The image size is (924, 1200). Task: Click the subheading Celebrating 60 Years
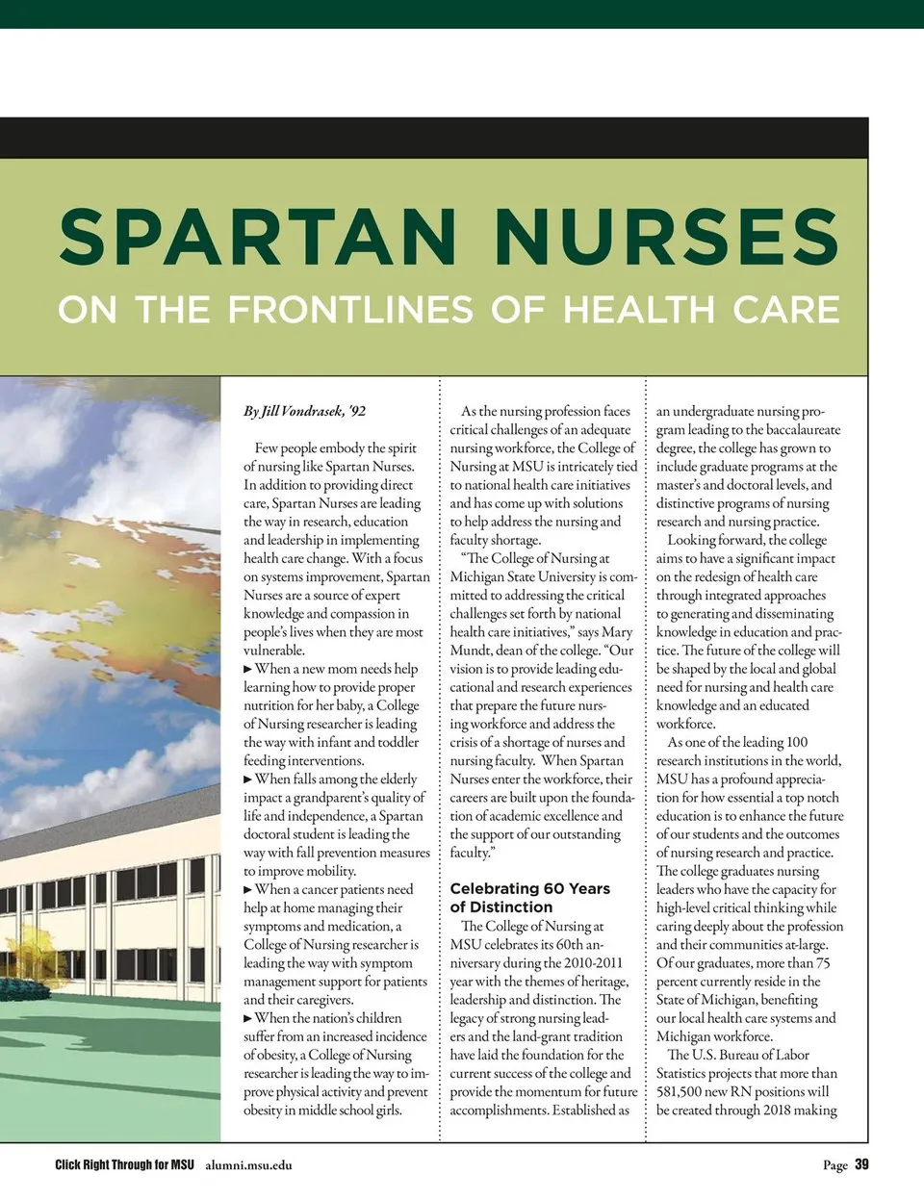pyautogui.click(x=529, y=888)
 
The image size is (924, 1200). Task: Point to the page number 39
pyautogui.click(x=861, y=1164)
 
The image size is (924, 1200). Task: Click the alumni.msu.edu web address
pyautogui.click(x=248, y=1165)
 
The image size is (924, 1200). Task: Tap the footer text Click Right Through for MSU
pyautogui.click(x=124, y=1164)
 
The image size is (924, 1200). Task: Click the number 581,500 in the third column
pyautogui.click(x=683, y=1091)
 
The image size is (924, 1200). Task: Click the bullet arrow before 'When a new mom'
pyautogui.click(x=248, y=669)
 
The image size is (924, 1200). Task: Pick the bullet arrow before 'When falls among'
pyautogui.click(x=248, y=779)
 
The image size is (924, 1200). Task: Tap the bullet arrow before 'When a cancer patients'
pyautogui.click(x=248, y=890)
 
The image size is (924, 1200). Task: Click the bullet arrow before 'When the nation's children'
pyautogui.click(x=248, y=1018)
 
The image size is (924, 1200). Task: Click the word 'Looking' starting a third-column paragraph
pyautogui.click(x=691, y=540)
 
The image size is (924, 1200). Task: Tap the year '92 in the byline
pyautogui.click(x=357, y=411)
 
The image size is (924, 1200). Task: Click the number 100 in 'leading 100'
pyautogui.click(x=796, y=742)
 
